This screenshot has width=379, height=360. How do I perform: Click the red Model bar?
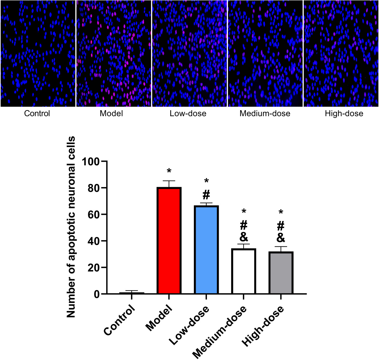click(169, 241)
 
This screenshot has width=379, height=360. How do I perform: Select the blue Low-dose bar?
click(206, 250)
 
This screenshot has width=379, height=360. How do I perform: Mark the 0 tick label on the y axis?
click(97, 294)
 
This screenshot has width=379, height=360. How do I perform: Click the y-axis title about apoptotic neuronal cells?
click(71, 227)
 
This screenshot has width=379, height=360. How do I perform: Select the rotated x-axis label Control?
click(120, 320)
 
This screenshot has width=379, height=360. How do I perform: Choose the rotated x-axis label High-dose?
click(263, 326)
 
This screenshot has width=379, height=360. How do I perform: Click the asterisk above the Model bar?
click(169, 171)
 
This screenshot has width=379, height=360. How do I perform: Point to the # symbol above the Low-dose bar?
click(206, 195)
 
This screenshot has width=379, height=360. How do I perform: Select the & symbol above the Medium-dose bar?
click(244, 237)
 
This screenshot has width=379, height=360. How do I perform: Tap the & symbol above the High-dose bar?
click(281, 238)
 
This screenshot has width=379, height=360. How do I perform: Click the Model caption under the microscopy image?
click(111, 114)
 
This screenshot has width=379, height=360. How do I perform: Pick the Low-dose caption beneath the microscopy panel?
click(188, 114)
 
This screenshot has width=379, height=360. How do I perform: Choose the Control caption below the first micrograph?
click(37, 114)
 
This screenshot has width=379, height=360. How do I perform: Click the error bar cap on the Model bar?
click(169, 181)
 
